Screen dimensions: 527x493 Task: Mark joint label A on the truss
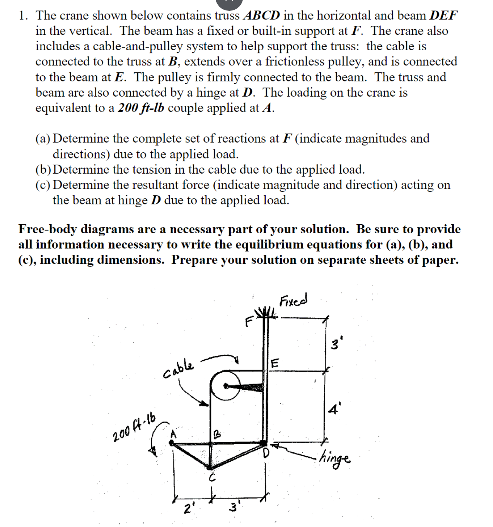(x=174, y=434)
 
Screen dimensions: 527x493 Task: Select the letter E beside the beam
(x=275, y=363)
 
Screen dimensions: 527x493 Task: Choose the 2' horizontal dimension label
(x=187, y=508)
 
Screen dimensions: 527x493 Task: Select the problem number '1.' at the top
(x=24, y=15)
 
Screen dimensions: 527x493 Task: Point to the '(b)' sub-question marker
(x=45, y=169)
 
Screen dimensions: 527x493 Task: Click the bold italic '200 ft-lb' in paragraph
(x=141, y=108)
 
